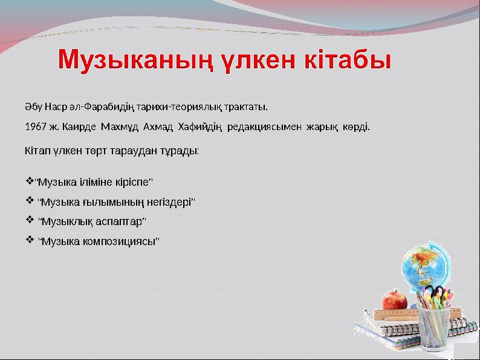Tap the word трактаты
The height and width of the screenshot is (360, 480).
(x=246, y=108)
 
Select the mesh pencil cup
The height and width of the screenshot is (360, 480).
(x=439, y=327)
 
